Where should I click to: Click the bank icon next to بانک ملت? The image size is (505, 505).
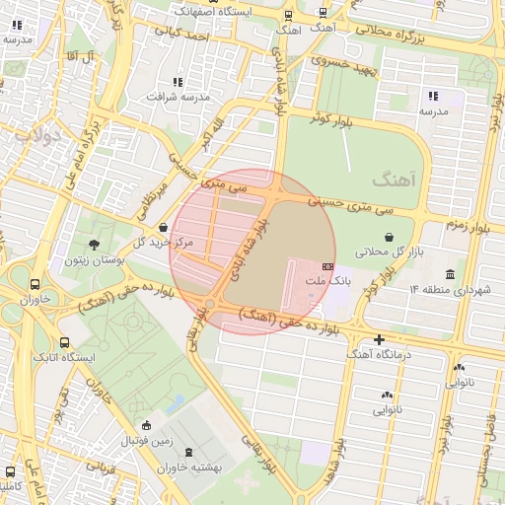coord(327,267)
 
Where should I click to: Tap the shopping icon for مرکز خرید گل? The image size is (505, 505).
coord(163,227)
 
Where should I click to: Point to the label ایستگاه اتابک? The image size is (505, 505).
coord(64,356)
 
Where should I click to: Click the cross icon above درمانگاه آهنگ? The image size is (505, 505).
coord(379,338)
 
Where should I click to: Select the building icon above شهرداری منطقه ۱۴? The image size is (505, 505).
coord(450,273)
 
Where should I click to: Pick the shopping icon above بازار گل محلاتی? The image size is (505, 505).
coord(389,237)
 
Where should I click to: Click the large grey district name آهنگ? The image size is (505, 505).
coord(397,179)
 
